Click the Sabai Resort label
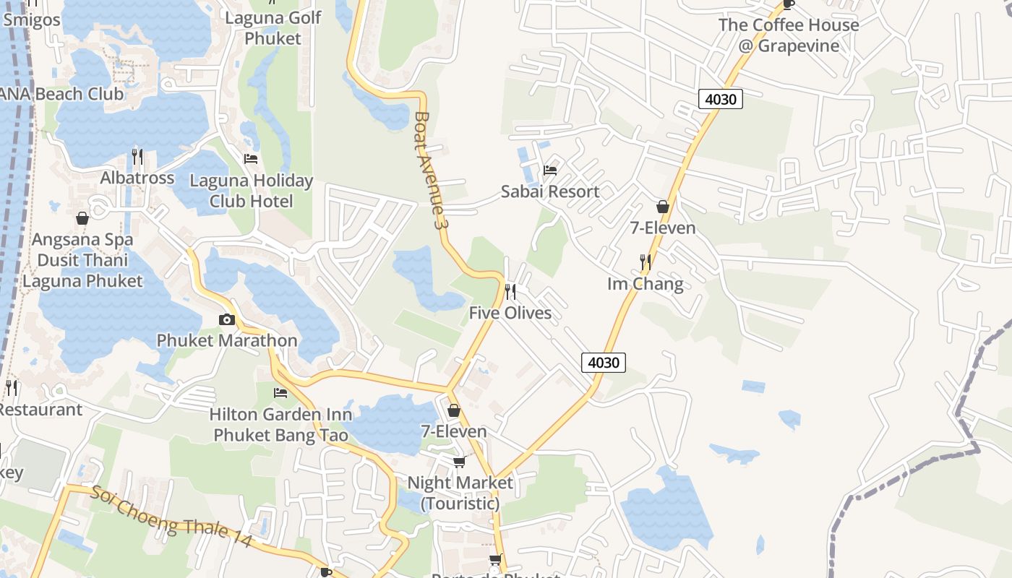[550, 191]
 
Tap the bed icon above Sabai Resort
[550, 171]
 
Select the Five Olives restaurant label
[510, 313]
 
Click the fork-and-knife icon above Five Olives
[510, 292]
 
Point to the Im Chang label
[645, 283]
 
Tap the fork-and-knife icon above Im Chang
[646, 262]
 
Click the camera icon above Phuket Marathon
[227, 319]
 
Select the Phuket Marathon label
[227, 340]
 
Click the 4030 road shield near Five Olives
[604, 362]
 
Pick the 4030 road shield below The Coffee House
[721, 99]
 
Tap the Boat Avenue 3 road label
[428, 171]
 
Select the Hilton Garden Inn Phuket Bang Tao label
[280, 425]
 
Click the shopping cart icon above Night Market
[460, 462]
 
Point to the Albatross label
[137, 178]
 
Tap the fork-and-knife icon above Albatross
[137, 156]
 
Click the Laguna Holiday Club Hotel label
[251, 191]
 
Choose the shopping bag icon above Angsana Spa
[82, 218]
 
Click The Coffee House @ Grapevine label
[789, 35]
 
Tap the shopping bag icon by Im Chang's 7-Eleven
[663, 207]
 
